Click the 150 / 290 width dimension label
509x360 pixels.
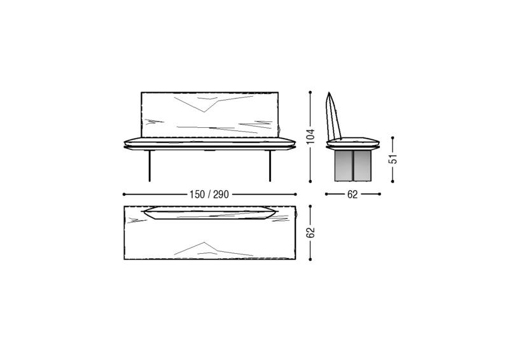point(209,195)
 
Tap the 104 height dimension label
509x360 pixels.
point(310,137)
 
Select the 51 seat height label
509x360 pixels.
point(393,159)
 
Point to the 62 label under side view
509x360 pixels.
point(352,195)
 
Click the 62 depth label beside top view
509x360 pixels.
point(310,232)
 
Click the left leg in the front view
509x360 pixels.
point(150,166)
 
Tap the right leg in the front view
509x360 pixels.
point(270,166)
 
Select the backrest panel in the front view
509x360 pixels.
point(210,114)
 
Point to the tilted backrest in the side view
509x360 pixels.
point(333,116)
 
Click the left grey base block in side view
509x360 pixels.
point(344,165)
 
